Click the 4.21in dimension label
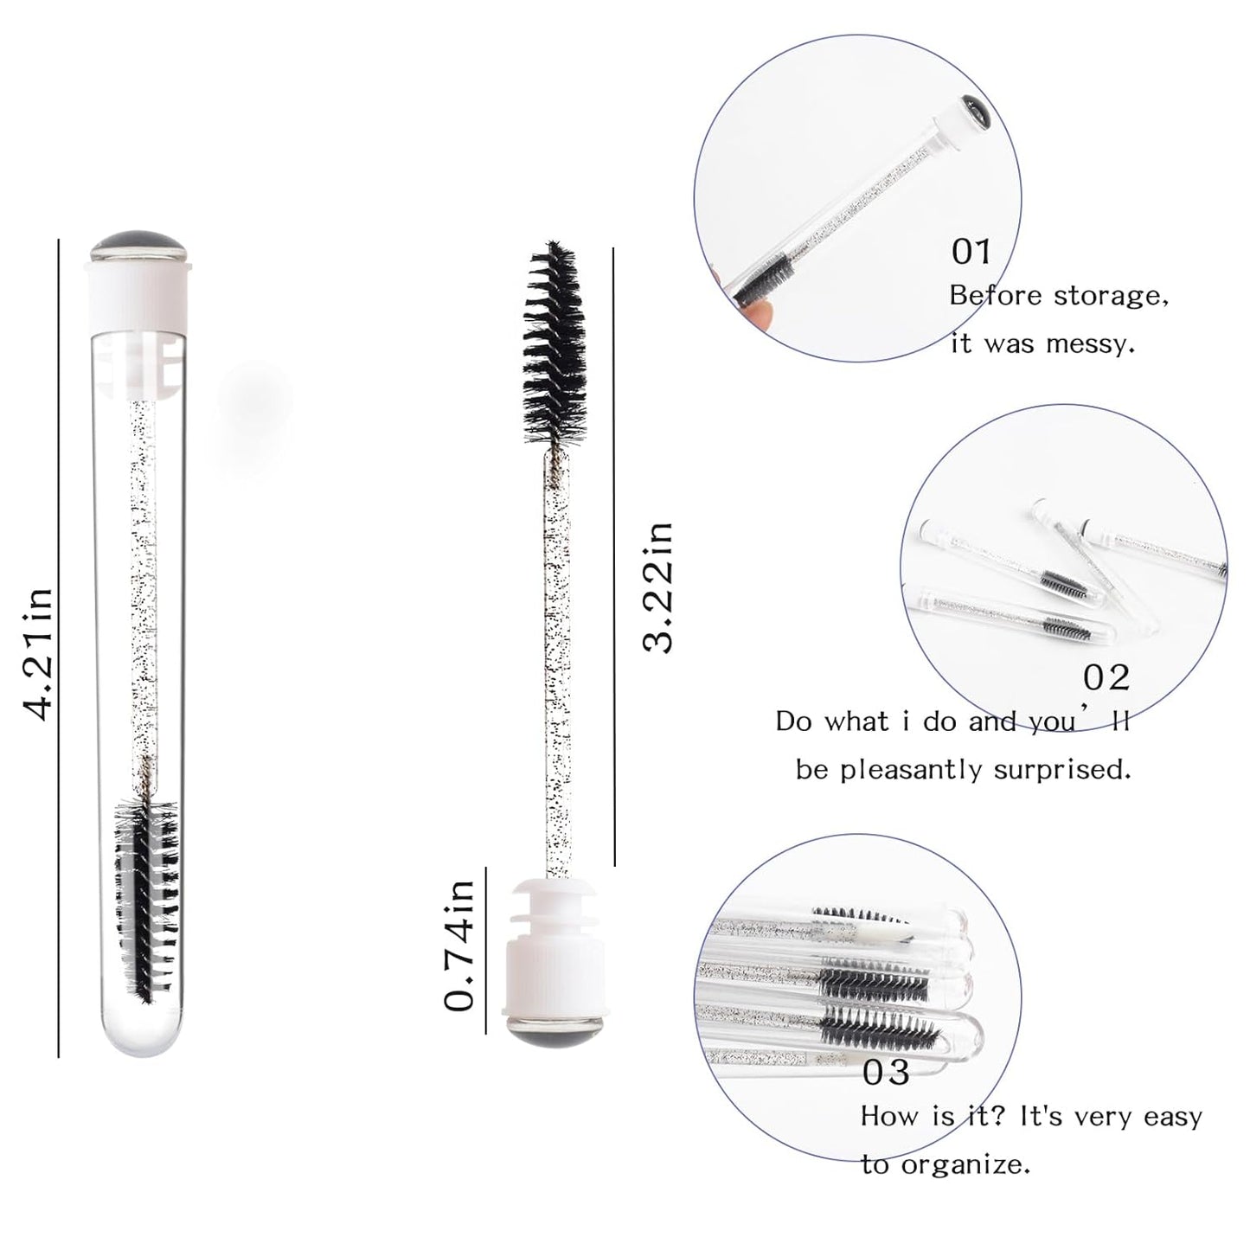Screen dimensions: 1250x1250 [x=39, y=653]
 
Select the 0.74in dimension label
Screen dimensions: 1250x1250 [x=459, y=945]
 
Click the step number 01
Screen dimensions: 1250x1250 [x=971, y=252]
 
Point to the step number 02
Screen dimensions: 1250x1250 [x=1106, y=677]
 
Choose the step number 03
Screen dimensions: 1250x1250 [x=886, y=1073]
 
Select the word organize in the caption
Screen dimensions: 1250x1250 [x=966, y=1164]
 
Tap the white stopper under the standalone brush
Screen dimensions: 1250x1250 [x=545, y=943]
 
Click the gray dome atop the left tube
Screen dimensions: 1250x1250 [x=138, y=246]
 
